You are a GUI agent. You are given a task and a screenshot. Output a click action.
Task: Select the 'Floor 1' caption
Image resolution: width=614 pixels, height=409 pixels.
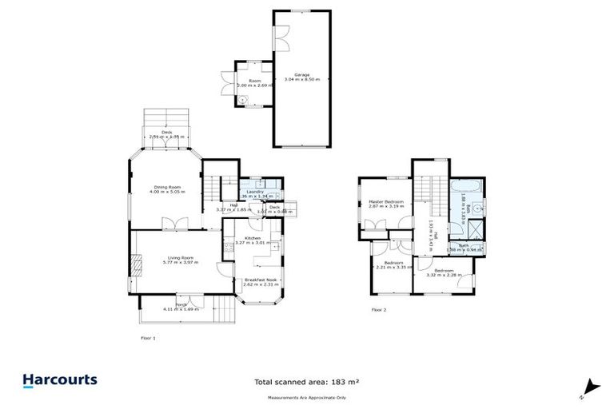(148, 339)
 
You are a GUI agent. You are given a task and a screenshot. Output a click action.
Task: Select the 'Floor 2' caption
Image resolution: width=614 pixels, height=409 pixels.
(378, 309)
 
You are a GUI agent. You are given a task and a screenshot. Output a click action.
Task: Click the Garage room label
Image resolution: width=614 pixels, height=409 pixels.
(301, 77)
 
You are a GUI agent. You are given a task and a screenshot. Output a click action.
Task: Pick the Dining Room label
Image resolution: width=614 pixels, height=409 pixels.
(169, 189)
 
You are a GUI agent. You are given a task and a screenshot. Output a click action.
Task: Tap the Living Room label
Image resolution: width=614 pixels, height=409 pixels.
(178, 260)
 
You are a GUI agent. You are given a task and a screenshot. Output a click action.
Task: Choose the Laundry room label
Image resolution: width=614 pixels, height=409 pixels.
(256, 193)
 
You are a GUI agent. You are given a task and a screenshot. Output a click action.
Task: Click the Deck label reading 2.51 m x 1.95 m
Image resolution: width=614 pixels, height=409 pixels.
(166, 135)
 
